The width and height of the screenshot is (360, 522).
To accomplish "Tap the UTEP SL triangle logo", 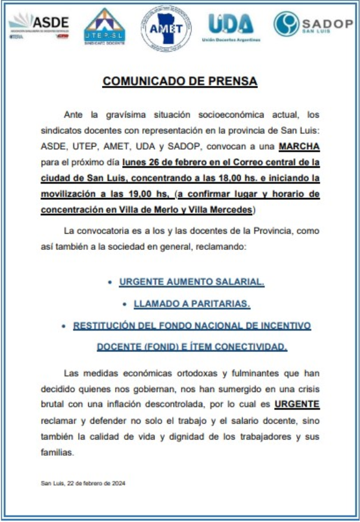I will (104, 27).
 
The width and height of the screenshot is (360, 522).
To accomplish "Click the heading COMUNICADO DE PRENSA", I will (180, 82).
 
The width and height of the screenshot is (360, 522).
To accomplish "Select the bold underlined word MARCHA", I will (299, 146).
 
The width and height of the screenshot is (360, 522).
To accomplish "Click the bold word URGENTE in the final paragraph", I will (297, 404).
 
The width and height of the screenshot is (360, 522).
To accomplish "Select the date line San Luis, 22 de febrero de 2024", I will (83, 483).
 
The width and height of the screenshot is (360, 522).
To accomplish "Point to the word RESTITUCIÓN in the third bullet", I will (105, 326).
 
